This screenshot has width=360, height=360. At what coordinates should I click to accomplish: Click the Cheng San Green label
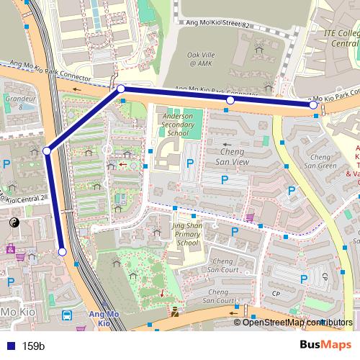pyautogui.click(x=320, y=161)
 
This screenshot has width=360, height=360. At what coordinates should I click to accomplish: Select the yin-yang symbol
pyautogui.click(x=15, y=224)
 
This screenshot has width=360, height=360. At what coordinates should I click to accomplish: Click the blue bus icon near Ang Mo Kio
pyautogui.click(x=67, y=315)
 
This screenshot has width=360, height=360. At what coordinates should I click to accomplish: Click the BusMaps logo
pyautogui.click(x=325, y=345)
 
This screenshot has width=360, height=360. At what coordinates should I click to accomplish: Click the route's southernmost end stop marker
pyautogui.click(x=63, y=251)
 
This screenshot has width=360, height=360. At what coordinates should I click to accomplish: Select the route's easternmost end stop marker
pyautogui.click(x=313, y=105)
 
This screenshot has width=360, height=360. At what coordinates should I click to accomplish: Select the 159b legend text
pyautogui.click(x=34, y=346)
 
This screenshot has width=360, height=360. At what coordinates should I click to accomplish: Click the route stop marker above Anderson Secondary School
pyautogui.click(x=230, y=100)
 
